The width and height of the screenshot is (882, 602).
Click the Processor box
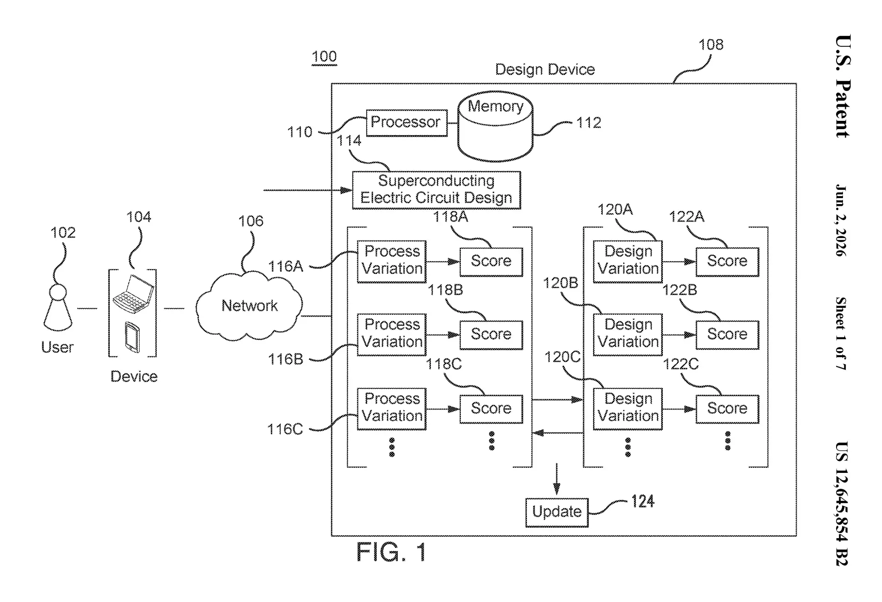tap(407, 123)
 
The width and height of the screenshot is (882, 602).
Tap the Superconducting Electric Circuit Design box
tap(436, 190)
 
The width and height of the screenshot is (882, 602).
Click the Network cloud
tap(249, 306)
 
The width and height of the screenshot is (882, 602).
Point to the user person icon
tap(58, 307)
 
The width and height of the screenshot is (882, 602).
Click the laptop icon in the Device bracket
tap(133, 293)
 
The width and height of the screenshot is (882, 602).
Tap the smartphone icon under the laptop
tap(132, 337)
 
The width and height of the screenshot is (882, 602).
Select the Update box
tap(557, 512)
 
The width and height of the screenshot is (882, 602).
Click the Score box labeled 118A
tap(491, 261)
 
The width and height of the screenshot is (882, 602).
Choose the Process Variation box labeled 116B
tap(392, 334)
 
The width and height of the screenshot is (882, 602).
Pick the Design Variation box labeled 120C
tap(628, 409)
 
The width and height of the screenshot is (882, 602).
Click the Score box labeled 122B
tap(727, 335)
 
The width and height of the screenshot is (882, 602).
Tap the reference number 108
tap(711, 45)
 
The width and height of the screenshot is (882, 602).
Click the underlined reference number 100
tap(324, 57)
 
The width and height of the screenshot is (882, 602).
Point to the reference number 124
tap(643, 501)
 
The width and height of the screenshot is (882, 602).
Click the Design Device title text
tap(545, 70)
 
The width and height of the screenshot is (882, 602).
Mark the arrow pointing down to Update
tap(557, 479)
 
